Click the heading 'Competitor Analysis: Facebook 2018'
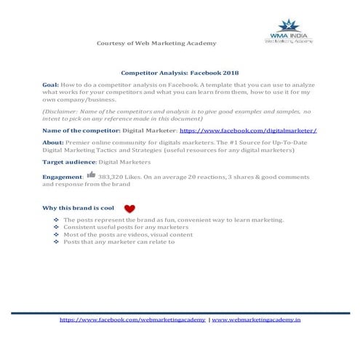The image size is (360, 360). point(180,73)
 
